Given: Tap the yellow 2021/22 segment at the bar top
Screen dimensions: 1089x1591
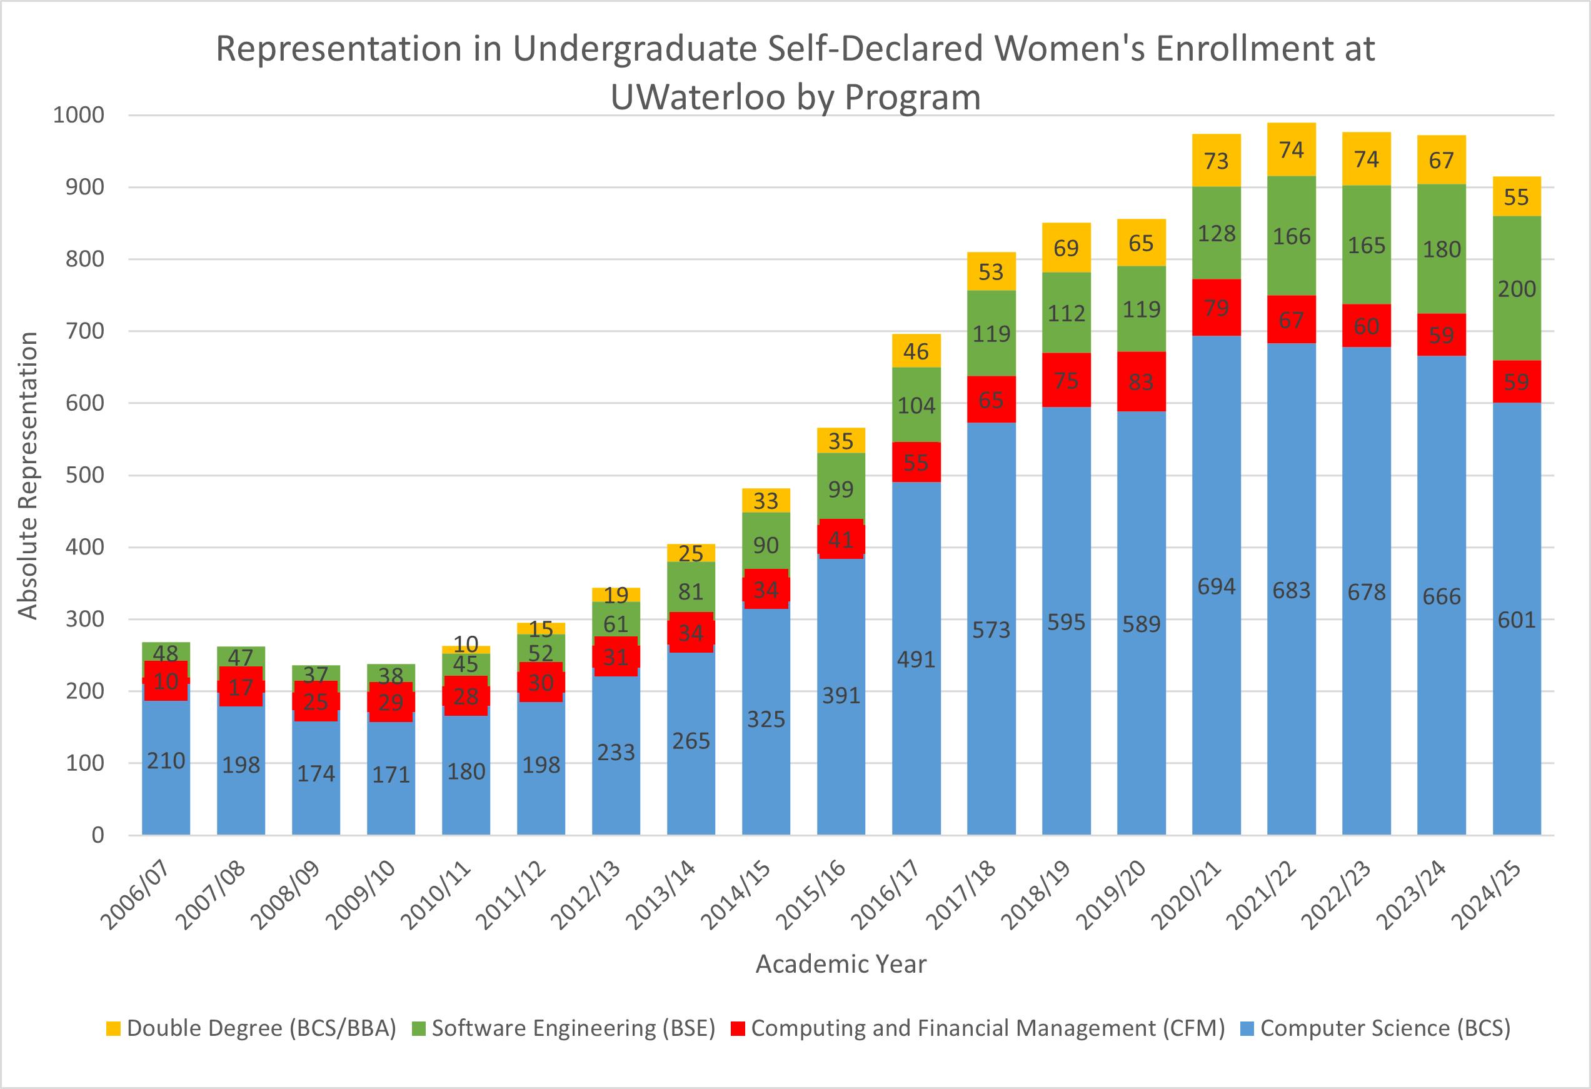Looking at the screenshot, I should pyautogui.click(x=1291, y=149).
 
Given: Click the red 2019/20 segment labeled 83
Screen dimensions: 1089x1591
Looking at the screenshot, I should pyautogui.click(x=1142, y=381).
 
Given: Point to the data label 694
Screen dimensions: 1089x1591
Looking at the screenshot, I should pyautogui.click(x=1217, y=586).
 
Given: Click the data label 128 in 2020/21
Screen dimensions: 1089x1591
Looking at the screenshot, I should pyautogui.click(x=1217, y=233).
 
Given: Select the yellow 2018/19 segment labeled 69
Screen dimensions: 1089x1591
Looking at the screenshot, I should pyautogui.click(x=1066, y=247).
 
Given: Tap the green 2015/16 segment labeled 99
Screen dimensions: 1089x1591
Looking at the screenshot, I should pyautogui.click(x=841, y=489).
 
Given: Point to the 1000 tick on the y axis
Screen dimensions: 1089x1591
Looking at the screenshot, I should pyautogui.click(x=79, y=114).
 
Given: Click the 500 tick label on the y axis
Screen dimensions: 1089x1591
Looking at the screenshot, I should pyautogui.click(x=84, y=475).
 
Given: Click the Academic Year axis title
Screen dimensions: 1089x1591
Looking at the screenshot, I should pyautogui.click(x=841, y=964).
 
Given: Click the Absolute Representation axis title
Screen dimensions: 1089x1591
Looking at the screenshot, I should pyautogui.click(x=28, y=475).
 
